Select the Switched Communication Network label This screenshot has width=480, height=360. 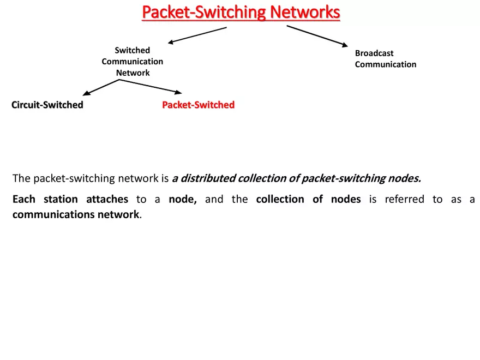pyautogui.click(x=133, y=62)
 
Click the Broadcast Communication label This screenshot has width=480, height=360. pyautogui.click(x=385, y=59)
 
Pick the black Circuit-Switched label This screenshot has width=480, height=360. pyautogui.click(x=47, y=105)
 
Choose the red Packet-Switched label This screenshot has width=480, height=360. pyautogui.click(x=198, y=105)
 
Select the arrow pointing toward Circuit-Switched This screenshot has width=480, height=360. pyautogui.click(x=100, y=87)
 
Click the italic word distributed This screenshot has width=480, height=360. pyautogui.click(x=208, y=178)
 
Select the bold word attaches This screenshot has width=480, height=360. pyautogui.click(x=107, y=199)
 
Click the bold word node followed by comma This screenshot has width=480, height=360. pyautogui.click(x=183, y=199)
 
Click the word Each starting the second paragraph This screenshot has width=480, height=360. pyautogui.click(x=23, y=199)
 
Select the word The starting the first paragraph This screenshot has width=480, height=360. pyautogui.click(x=21, y=178)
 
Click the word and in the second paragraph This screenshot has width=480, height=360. pyautogui.click(x=214, y=199)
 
